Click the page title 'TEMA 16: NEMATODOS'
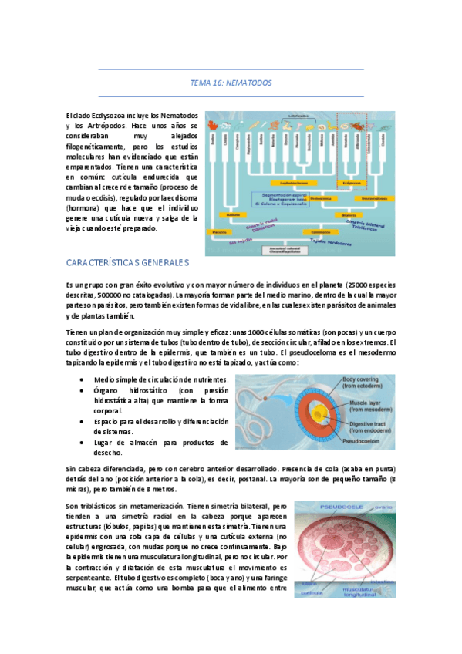click(231, 83)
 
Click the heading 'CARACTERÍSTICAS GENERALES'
click(128, 263)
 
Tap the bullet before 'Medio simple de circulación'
click(83, 380)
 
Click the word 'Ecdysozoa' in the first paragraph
click(101, 115)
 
